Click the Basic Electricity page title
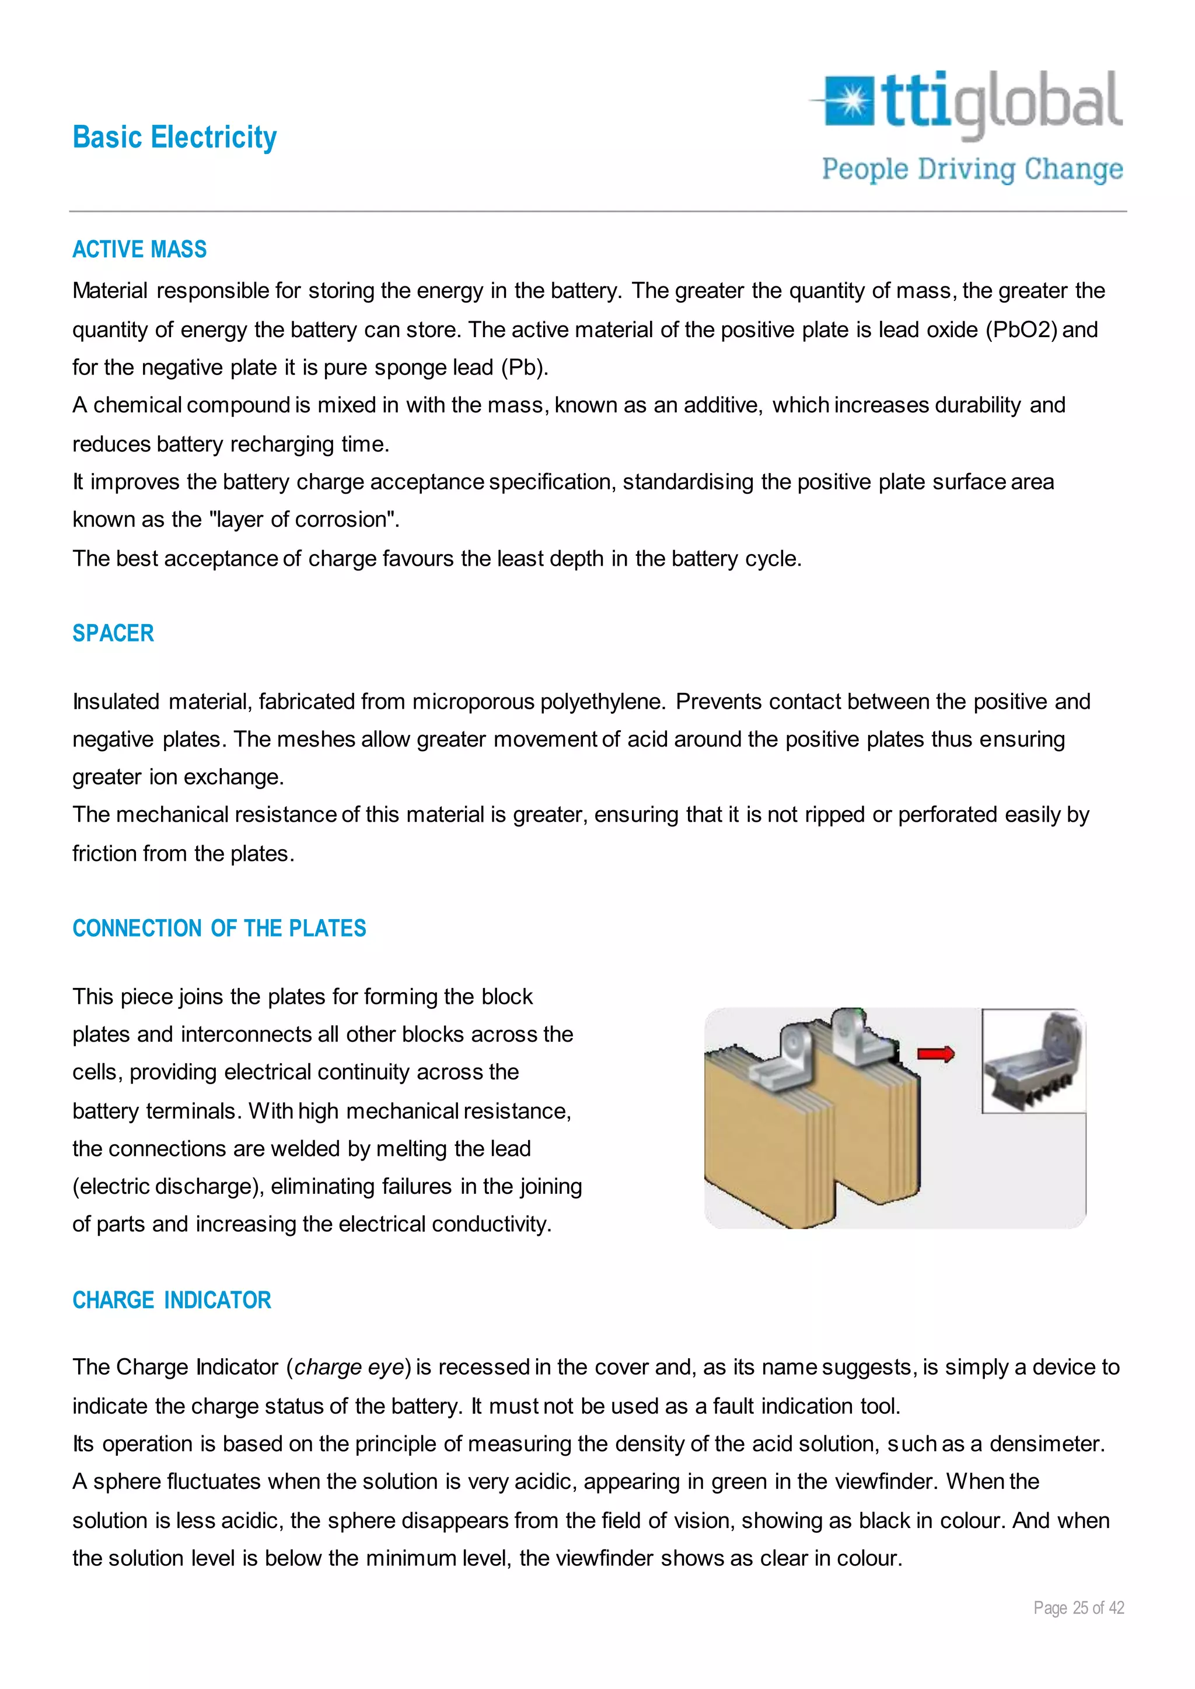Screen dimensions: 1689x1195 pos(174,138)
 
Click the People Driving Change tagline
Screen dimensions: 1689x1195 pos(972,169)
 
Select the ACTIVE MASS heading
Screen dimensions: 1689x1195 pos(139,250)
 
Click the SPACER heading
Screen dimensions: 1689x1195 pos(113,633)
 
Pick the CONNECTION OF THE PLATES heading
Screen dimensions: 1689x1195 pos(219,928)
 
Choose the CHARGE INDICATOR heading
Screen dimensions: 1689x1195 pos(172,1300)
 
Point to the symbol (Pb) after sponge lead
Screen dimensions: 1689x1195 pos(524,367)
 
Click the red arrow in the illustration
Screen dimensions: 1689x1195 pos(935,1054)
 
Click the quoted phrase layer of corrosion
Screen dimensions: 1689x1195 pos(304,519)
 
